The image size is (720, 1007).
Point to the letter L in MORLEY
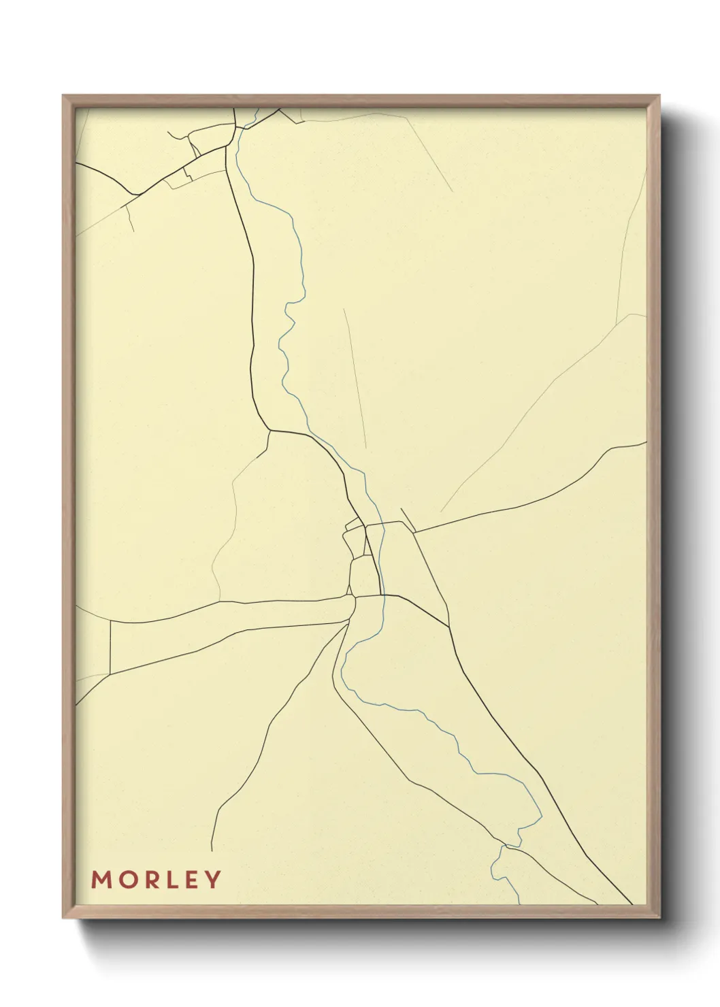tap(173, 879)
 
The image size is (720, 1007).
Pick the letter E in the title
tap(191, 879)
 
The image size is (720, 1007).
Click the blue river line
tap(298, 272)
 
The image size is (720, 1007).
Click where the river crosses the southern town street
tap(383, 595)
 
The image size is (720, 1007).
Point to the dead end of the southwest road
tap(212, 850)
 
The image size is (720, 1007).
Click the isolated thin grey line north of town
tap(355, 378)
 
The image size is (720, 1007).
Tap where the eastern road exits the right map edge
tap(645, 443)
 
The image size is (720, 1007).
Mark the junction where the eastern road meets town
tap(414, 532)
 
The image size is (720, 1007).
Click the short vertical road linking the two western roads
tap(110, 647)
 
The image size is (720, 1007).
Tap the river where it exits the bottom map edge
tap(519, 902)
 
